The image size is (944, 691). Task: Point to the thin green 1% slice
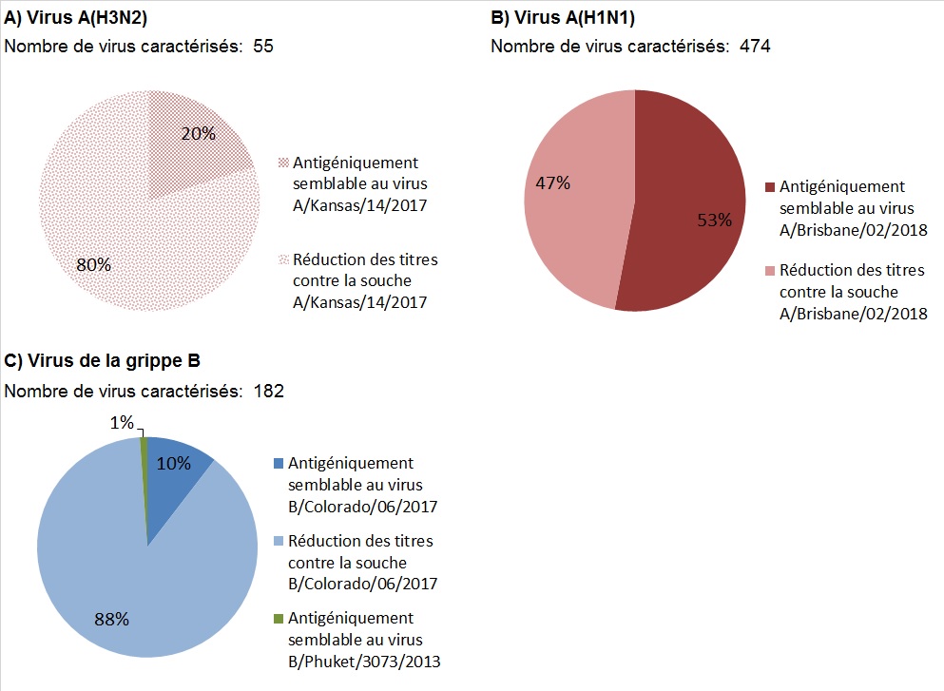click(x=144, y=475)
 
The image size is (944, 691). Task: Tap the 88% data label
click(x=111, y=619)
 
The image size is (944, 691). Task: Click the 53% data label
click(x=714, y=221)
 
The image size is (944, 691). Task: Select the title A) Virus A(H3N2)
click(x=75, y=18)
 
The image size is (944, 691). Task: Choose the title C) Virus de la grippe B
click(x=102, y=361)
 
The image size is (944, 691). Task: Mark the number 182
click(x=269, y=391)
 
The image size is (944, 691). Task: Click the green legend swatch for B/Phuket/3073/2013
click(x=278, y=619)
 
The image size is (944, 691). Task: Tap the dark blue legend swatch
click(x=278, y=464)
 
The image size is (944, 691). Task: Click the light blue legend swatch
click(x=278, y=542)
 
